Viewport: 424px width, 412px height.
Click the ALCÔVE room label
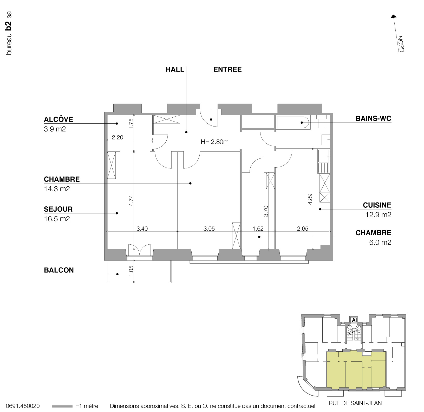pos(58,119)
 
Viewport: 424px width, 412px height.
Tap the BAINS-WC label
pos(373,119)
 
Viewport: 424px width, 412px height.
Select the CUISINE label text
pos(377,205)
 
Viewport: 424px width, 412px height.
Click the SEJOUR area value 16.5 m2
pos(57,219)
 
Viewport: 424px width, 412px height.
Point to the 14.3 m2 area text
pos(57,189)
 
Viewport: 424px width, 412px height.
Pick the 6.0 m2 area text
pos(380,243)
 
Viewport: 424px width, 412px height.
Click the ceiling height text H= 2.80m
pos(214,142)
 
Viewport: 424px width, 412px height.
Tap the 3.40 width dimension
pos(142,229)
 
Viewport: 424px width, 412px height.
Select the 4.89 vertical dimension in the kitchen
pos(310,199)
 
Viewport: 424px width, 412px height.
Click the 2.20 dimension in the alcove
pos(118,137)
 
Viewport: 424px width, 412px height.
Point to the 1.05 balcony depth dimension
pos(131,271)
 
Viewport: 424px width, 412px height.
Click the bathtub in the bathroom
pos(293,122)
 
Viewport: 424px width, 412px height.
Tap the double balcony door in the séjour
pos(140,250)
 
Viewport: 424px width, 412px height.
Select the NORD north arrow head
pos(394,17)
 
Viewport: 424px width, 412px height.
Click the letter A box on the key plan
pos(353,320)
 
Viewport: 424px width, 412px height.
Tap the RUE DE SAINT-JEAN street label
pos(355,403)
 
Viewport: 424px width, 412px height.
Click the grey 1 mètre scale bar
pos(62,406)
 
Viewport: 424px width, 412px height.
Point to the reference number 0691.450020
pos(23,406)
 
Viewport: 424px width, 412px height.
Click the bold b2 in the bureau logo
pos(9,26)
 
